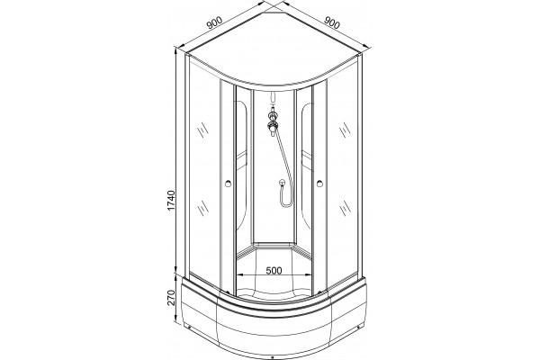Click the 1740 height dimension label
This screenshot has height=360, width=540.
pyautogui.click(x=171, y=200)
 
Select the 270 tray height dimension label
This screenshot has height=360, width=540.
pyautogui.click(x=171, y=298)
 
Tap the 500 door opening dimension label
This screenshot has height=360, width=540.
pyautogui.click(x=274, y=270)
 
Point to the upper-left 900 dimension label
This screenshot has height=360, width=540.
pyautogui.click(x=214, y=22)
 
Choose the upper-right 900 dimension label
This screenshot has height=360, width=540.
pyautogui.click(x=332, y=22)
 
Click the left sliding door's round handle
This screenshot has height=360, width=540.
pyautogui.click(x=228, y=184)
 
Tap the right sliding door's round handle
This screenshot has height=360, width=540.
pyautogui.click(x=319, y=184)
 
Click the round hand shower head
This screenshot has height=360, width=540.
pyautogui.click(x=282, y=183)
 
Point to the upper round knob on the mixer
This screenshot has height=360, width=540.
pyautogui.click(x=274, y=114)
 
